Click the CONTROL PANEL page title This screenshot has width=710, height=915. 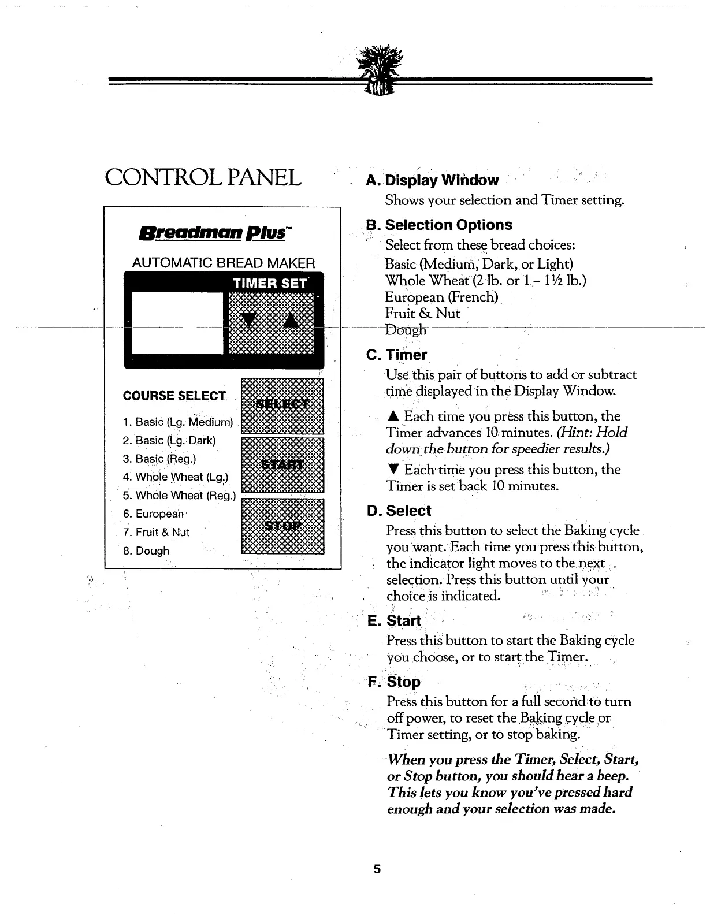(x=203, y=177)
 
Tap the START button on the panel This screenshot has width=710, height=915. (x=282, y=465)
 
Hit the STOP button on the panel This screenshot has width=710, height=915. (x=282, y=526)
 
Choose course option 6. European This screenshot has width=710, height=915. (x=153, y=514)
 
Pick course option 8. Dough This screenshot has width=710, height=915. (x=146, y=551)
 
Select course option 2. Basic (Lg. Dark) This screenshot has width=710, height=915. (x=169, y=440)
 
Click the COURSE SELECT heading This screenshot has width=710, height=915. (x=174, y=396)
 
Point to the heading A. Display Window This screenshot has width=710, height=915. (x=432, y=180)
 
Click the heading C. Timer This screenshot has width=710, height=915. (x=397, y=355)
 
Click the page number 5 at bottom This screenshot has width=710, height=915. (x=377, y=869)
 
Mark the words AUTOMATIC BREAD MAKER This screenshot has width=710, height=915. (x=224, y=263)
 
